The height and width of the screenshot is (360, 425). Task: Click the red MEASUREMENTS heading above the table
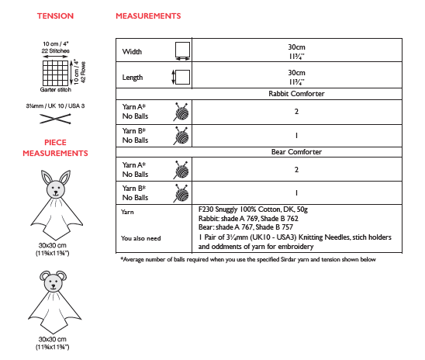(149, 16)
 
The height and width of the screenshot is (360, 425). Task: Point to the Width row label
(133, 52)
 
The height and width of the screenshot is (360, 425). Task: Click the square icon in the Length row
(183, 77)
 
